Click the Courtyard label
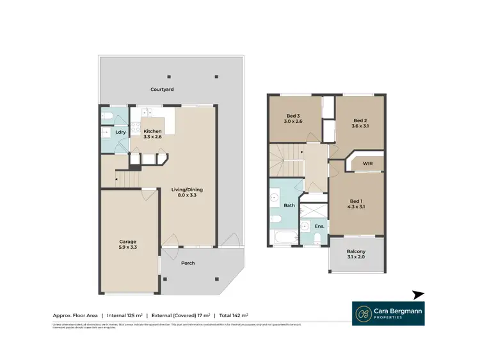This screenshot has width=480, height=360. pyautogui.click(x=162, y=90)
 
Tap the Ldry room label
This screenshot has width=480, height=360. pyautogui.click(x=120, y=132)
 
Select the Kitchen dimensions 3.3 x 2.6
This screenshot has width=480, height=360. pyautogui.click(x=152, y=137)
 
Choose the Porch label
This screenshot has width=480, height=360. pyautogui.click(x=188, y=263)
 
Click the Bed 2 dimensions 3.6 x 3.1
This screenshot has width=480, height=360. pyautogui.click(x=360, y=127)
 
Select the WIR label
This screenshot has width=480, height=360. pyautogui.click(x=367, y=164)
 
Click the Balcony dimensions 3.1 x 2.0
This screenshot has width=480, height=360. pyautogui.click(x=356, y=257)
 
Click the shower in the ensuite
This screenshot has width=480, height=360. pyautogui.click(x=314, y=211)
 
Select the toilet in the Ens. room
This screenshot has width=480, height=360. pyautogui.click(x=318, y=239)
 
